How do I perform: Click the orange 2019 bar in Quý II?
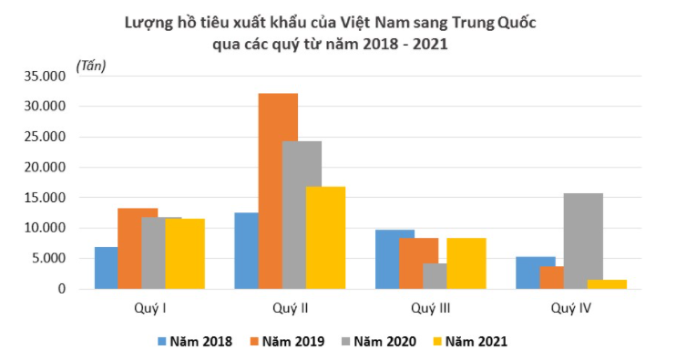point(278,191)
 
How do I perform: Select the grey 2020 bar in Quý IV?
point(583,241)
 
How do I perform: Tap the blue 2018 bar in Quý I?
point(107,268)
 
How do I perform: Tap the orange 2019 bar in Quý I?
point(138,248)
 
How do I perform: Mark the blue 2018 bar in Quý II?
point(246,251)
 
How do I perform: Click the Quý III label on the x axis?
point(430,308)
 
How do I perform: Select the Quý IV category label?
point(571,308)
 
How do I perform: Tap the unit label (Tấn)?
point(92,66)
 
